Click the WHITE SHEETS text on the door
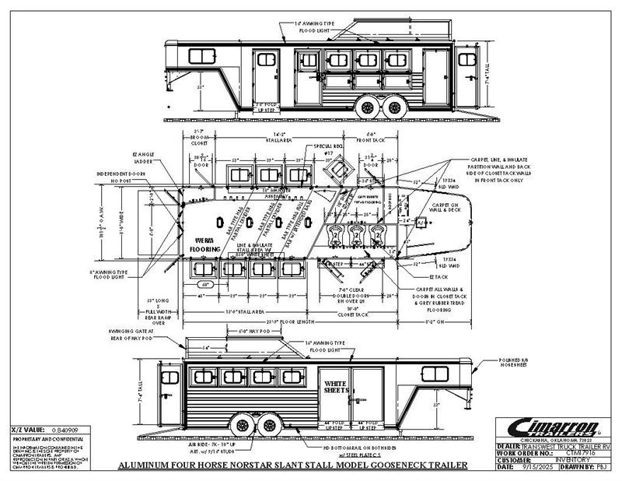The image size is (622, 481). (x=336, y=386)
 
